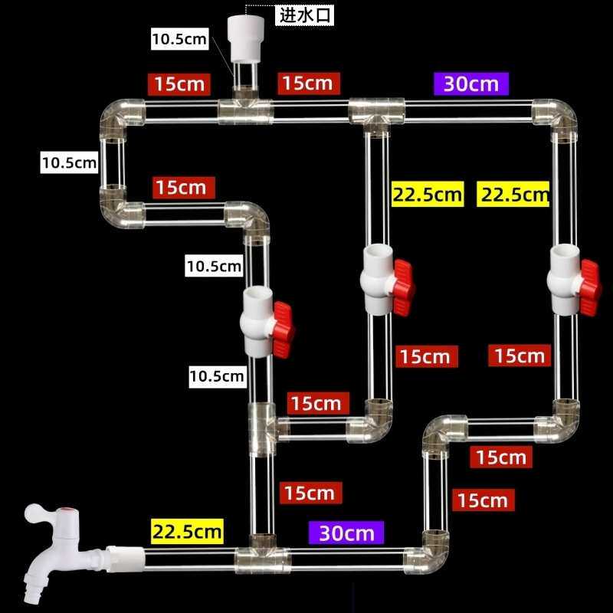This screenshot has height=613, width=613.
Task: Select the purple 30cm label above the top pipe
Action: coord(470,83)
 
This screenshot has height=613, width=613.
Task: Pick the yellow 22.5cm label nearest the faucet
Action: coord(187,530)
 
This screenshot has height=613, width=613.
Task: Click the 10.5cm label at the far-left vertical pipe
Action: coord(70,162)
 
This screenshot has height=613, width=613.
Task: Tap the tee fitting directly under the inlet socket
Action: coord(245,111)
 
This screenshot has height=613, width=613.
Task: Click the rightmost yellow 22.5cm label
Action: coord(513,194)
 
